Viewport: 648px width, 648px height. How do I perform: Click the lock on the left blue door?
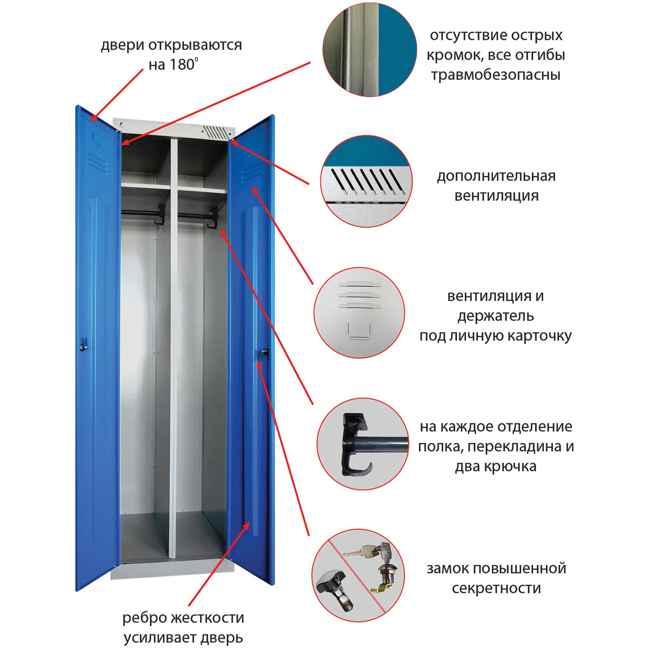coord(83,344)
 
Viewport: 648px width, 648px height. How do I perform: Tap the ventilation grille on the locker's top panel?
coord(215,132)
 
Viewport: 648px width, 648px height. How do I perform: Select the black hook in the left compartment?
coord(160,215)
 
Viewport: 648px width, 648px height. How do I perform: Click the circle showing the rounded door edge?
coord(369,50)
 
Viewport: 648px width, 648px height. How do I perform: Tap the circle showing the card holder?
coord(359,312)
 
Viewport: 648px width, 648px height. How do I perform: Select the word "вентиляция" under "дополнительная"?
coord(496,196)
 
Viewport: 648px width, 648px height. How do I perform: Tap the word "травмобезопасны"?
coord(496,75)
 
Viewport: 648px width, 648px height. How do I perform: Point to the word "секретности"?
coord(496,588)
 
